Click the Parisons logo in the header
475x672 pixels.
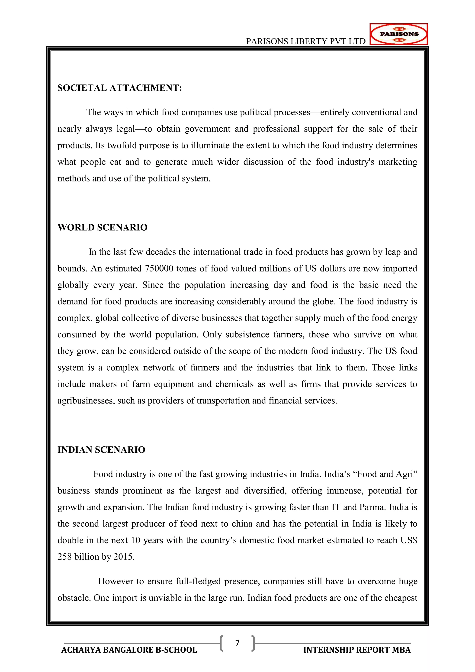coord(398,34)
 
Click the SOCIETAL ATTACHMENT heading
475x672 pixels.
coord(120,88)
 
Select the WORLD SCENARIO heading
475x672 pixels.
coord(102,227)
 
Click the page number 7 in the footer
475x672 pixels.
coord(237,643)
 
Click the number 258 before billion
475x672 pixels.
coord(65,557)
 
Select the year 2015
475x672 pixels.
coord(124,557)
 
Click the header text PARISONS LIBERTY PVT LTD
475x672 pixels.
coord(305,42)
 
